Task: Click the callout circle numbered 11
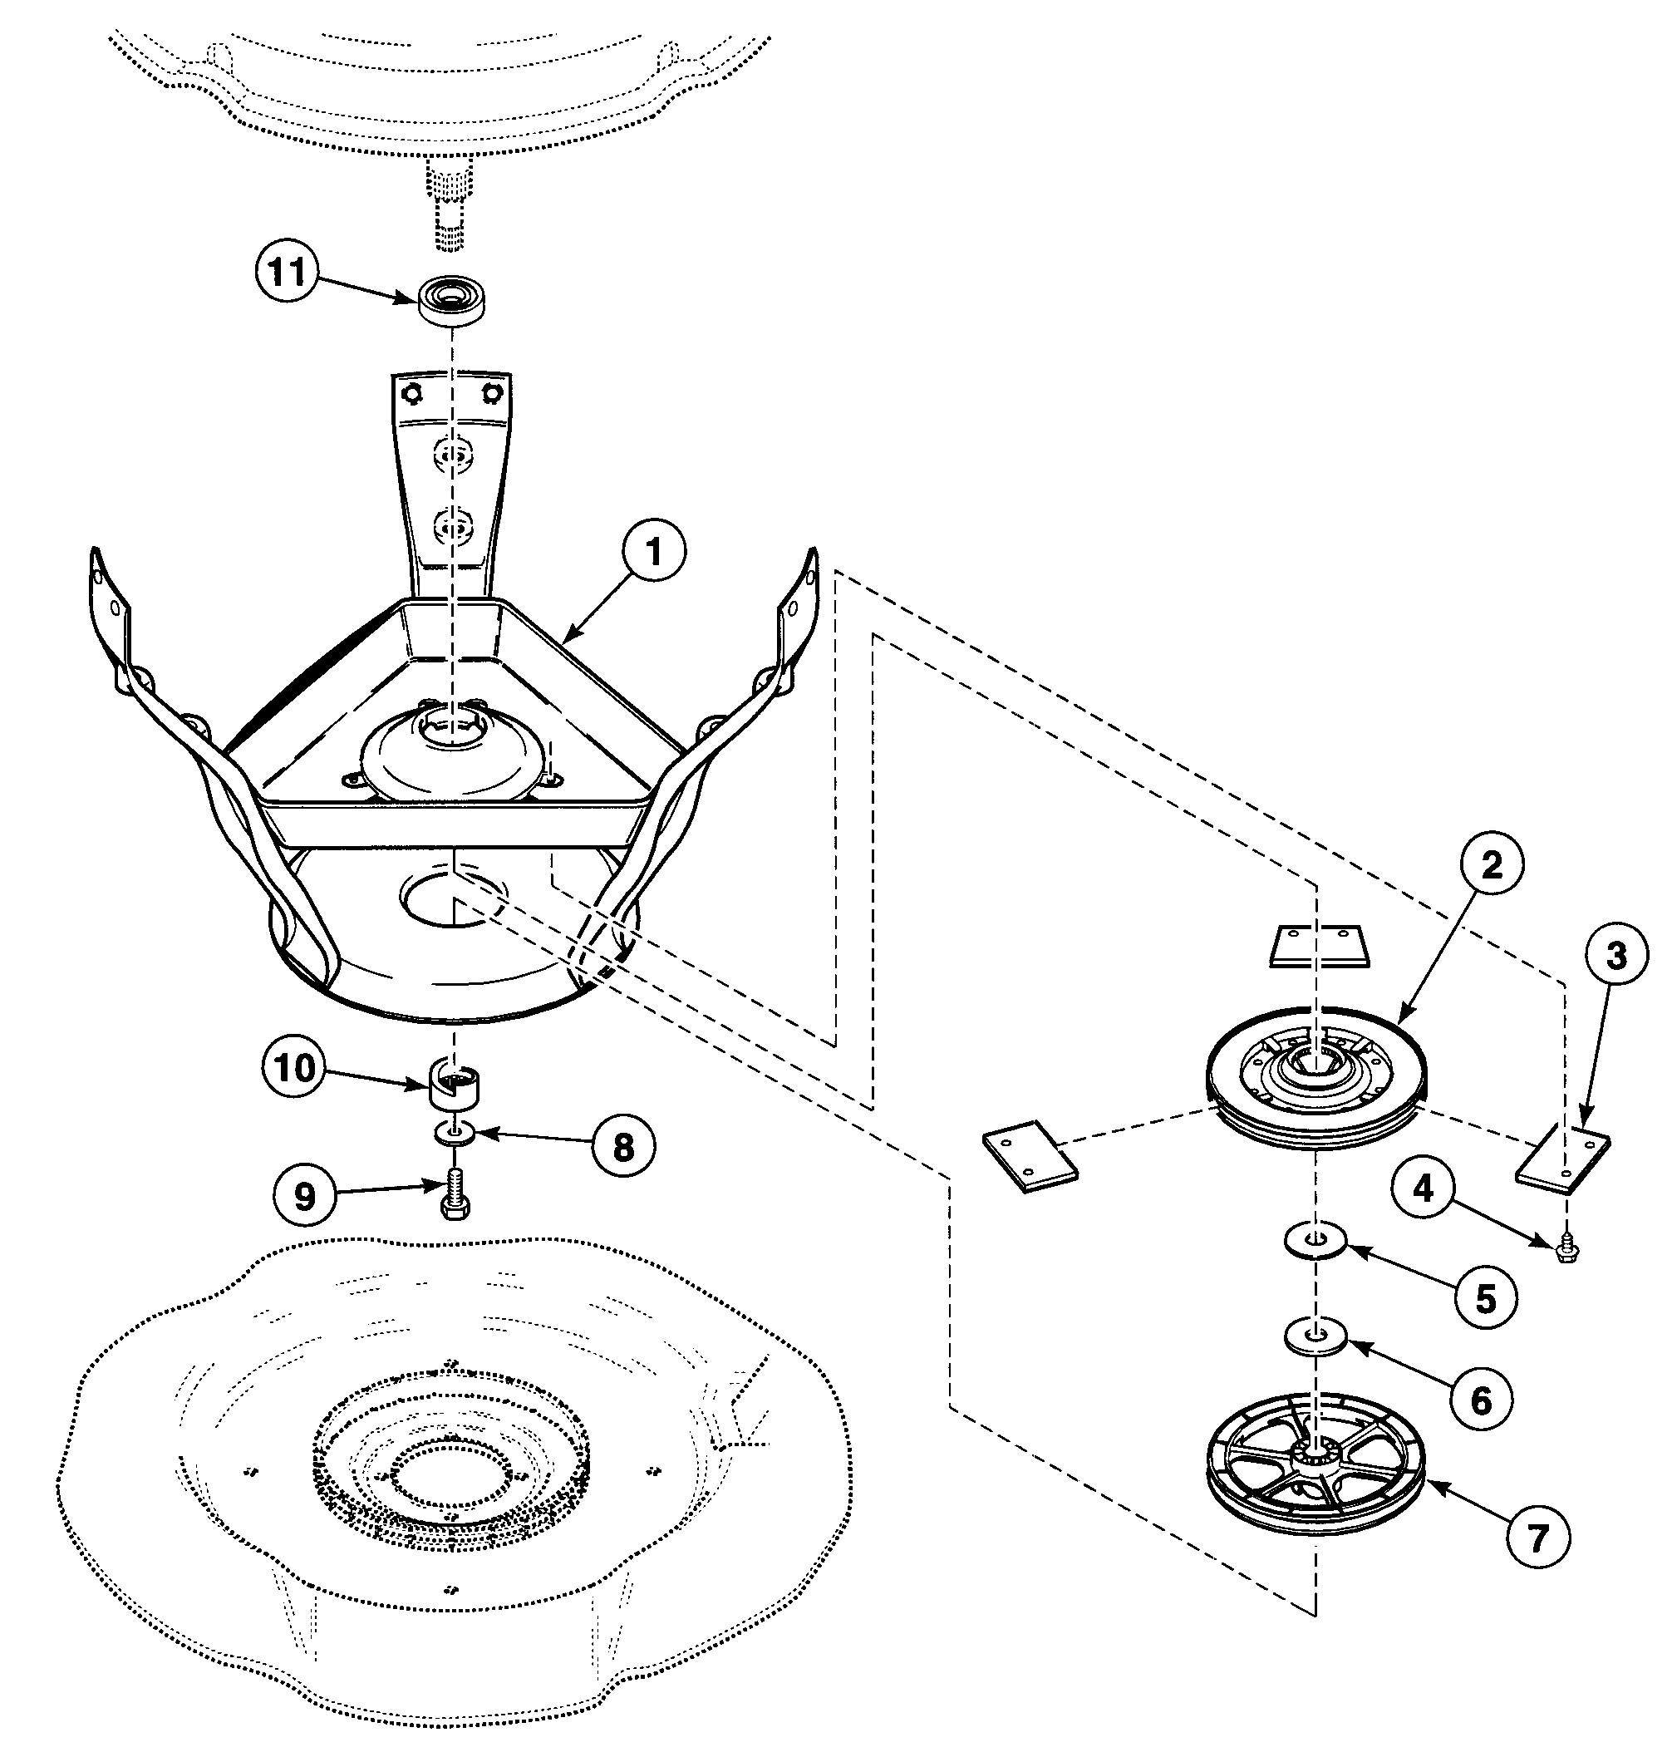tap(288, 272)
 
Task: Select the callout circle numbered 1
tap(653, 553)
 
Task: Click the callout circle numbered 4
tap(1424, 1188)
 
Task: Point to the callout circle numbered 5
tap(1486, 1298)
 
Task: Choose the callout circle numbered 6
tap(1480, 1400)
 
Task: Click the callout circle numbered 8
tap(624, 1146)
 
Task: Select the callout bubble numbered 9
tap(305, 1196)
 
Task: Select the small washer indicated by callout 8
tap(455, 1134)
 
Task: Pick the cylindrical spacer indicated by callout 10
tap(455, 1083)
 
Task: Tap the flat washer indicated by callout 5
tap(1316, 1239)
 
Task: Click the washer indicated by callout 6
tap(1315, 1336)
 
